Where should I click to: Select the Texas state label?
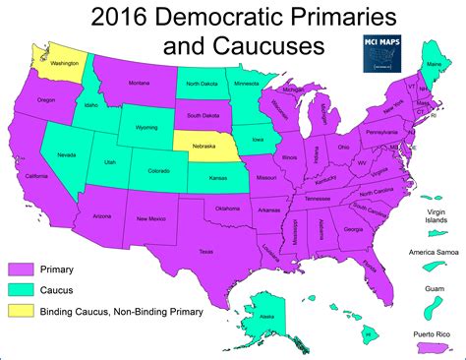pyautogui.click(x=205, y=251)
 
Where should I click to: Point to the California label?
pyautogui.click(x=36, y=176)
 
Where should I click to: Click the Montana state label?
pyautogui.click(x=139, y=85)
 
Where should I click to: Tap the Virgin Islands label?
pyautogui.click(x=434, y=217)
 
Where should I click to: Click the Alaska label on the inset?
pyautogui.click(x=264, y=317)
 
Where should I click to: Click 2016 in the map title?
pyautogui.click(x=120, y=17)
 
